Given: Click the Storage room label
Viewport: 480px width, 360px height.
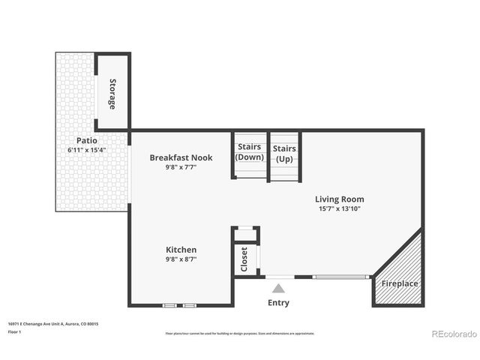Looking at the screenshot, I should (x=112, y=94).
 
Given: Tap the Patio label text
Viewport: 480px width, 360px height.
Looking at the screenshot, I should (x=86, y=140).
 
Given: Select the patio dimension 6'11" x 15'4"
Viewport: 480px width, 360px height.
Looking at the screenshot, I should (x=86, y=150).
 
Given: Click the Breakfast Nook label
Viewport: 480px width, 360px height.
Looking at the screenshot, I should (x=181, y=157).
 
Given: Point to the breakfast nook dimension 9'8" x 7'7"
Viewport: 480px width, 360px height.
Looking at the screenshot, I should (x=181, y=167).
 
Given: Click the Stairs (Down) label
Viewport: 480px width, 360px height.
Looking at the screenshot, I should (x=249, y=152).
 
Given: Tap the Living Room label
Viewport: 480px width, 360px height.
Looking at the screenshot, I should (x=340, y=199).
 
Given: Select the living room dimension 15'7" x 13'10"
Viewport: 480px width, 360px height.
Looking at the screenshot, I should (x=340, y=208).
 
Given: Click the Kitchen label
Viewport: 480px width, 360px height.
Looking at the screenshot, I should (x=181, y=250).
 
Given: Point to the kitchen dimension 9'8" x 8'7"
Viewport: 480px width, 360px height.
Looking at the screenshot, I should (x=181, y=259).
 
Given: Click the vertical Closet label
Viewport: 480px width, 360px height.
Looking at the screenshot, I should (x=244, y=259).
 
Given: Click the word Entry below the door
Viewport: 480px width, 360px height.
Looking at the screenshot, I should (x=278, y=303).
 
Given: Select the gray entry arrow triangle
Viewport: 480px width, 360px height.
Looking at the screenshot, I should (x=278, y=288).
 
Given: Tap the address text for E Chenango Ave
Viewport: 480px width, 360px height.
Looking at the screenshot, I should (x=53, y=323).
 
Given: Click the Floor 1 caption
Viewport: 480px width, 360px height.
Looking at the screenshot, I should (x=14, y=331).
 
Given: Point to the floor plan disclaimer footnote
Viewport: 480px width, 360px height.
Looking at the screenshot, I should (x=240, y=334).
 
